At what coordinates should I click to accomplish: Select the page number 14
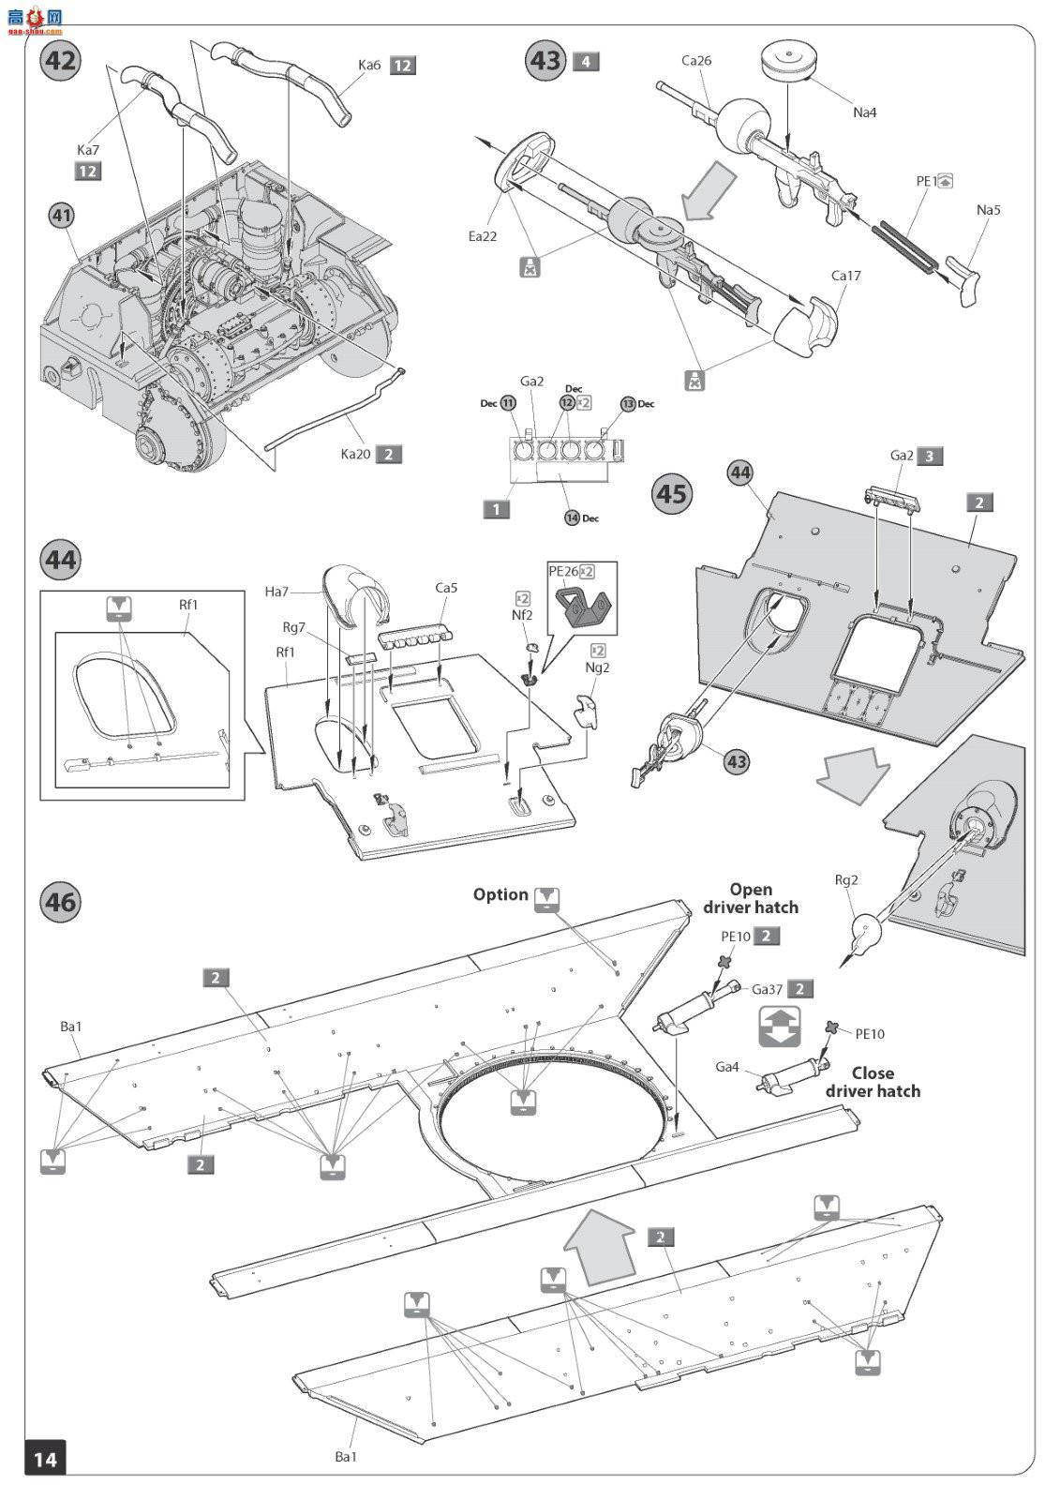(45, 1458)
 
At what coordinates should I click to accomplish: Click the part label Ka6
(369, 65)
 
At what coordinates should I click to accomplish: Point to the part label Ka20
(355, 455)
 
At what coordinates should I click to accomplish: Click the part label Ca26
(696, 61)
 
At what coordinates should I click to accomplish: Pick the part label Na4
(864, 112)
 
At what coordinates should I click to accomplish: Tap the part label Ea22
(483, 236)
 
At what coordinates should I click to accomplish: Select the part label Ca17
(845, 276)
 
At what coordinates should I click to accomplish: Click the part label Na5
(988, 210)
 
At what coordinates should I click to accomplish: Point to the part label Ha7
(276, 591)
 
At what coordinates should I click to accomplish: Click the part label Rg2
(846, 880)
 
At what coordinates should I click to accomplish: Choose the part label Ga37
(767, 989)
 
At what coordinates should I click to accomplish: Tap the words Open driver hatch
(751, 898)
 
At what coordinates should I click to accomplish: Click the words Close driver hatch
(873, 1082)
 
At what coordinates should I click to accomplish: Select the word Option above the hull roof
(500, 894)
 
